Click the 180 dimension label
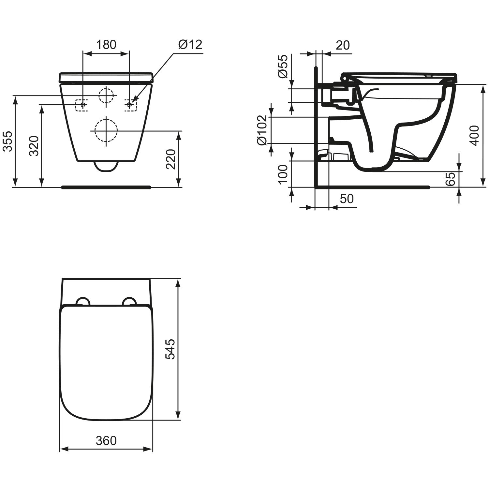[x=106, y=45]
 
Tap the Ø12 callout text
[x=190, y=44]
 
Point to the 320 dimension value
[x=34, y=146]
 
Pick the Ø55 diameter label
[x=283, y=66]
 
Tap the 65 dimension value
[x=450, y=179]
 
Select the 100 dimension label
[x=283, y=174]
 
